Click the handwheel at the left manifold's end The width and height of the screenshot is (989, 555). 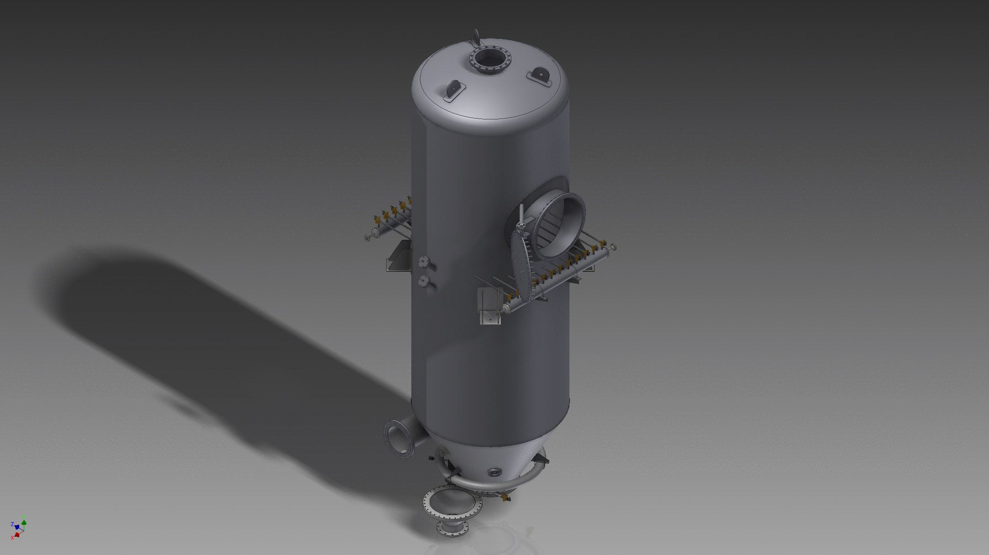pyautogui.click(x=367, y=237)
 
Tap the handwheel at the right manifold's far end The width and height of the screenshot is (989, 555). pyautogui.click(x=613, y=247)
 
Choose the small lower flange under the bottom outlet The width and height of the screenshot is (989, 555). pyautogui.click(x=452, y=530)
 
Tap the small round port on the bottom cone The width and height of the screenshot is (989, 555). pyautogui.click(x=494, y=472)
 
